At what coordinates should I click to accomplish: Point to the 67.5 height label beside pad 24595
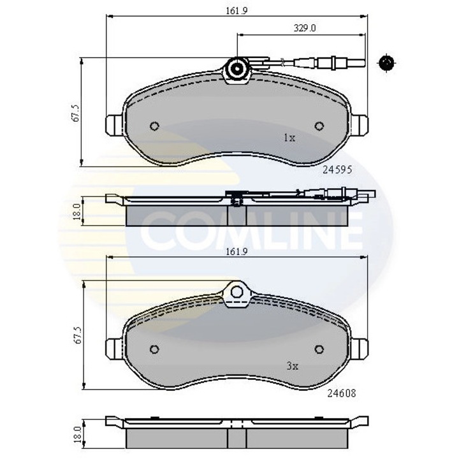click(x=75, y=112)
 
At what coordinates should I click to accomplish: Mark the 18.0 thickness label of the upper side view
click(x=75, y=210)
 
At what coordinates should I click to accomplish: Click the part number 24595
click(x=337, y=170)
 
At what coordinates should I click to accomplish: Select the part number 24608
click(x=339, y=393)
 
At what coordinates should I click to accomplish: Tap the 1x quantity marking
click(x=289, y=137)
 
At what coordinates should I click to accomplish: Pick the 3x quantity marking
click(x=293, y=366)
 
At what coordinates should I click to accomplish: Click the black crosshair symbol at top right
click(x=387, y=62)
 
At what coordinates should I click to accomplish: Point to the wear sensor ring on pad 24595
click(x=237, y=68)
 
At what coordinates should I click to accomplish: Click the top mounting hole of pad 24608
click(x=237, y=293)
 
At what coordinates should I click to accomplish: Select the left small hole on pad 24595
click(x=154, y=126)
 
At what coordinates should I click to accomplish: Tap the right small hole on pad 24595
click(x=320, y=125)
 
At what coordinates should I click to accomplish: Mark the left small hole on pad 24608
click(x=154, y=349)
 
